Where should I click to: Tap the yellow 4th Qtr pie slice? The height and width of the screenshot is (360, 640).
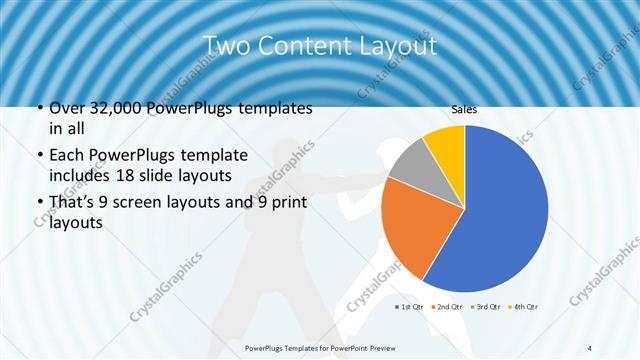click(446, 144)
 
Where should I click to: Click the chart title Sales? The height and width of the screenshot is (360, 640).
click(463, 109)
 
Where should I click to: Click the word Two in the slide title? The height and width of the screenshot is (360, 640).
click(225, 46)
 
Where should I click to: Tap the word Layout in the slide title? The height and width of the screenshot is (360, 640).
click(399, 46)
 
